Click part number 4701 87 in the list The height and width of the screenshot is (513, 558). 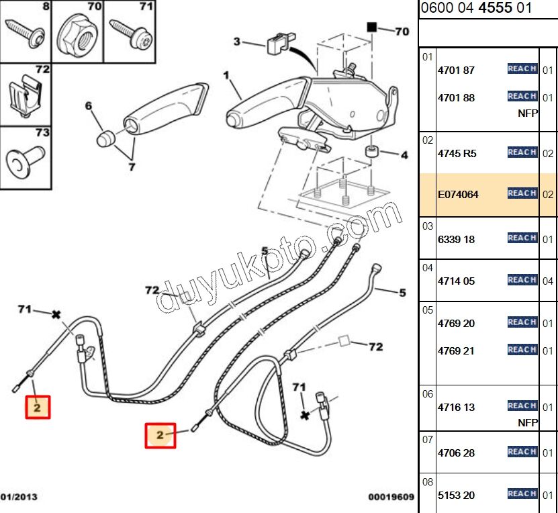[456, 70]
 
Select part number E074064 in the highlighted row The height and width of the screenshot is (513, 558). [459, 195]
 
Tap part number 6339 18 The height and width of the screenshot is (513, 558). [456, 239]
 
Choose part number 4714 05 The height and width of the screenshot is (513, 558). [456, 281]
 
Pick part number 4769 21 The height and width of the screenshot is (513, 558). [456, 351]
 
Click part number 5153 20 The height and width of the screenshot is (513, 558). [456, 495]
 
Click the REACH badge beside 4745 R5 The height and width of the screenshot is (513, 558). [522, 152]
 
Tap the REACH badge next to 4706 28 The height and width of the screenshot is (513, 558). [522, 452]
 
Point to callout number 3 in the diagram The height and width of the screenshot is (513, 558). [236, 42]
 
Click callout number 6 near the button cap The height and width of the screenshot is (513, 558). [87, 105]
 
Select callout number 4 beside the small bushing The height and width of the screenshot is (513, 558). [404, 156]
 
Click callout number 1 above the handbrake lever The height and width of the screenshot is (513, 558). [226, 75]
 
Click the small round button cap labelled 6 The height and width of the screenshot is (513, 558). [104, 138]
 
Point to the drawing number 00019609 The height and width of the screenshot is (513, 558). [391, 498]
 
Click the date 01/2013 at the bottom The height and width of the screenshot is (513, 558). [19, 498]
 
